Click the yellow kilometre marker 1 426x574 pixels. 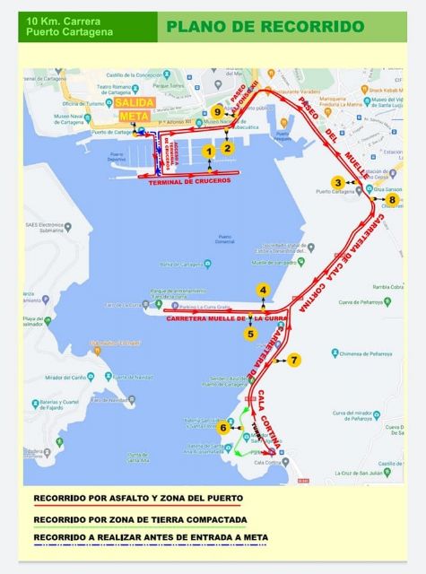[x=209, y=152]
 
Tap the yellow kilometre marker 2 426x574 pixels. [x=228, y=148]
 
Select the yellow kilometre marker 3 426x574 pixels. [x=337, y=182]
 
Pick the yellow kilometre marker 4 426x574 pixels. [x=263, y=290]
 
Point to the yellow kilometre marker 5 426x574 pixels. [x=251, y=334]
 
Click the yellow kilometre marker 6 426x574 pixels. [x=222, y=428]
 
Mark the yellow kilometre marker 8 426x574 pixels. [x=379, y=199]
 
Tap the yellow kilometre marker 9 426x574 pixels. [x=217, y=111]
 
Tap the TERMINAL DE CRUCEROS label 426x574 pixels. [x=189, y=180]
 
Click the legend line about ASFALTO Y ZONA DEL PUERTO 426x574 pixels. [x=137, y=498]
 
